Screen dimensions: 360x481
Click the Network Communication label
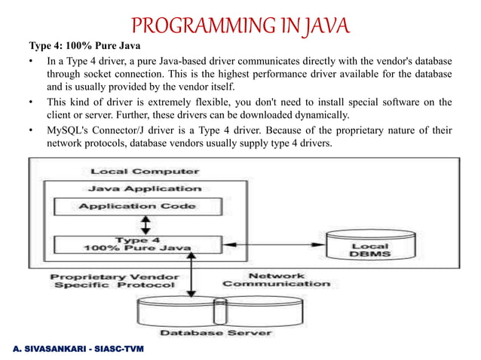tap(276, 279)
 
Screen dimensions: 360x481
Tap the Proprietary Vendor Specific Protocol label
tap(113, 280)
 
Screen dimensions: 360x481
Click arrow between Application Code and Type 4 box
tap(148, 225)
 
